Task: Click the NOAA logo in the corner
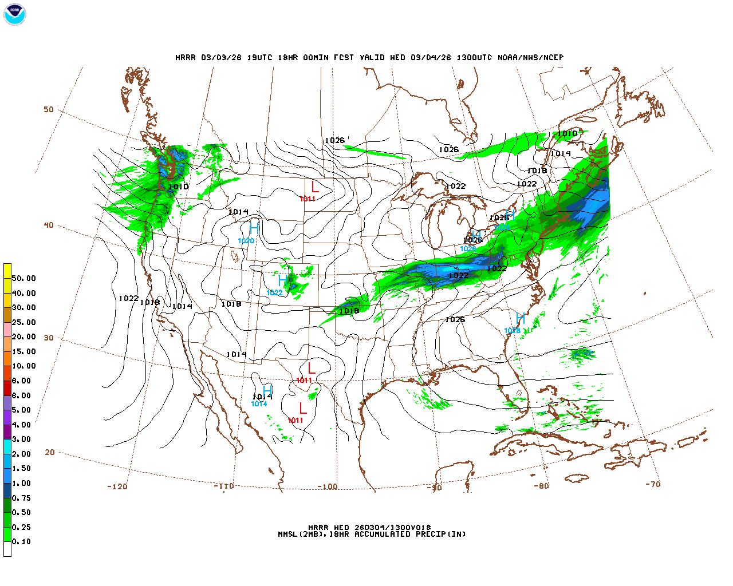click(14, 15)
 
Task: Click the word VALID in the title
click(373, 57)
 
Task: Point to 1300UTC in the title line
click(474, 57)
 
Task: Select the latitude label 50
click(49, 109)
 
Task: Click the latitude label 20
click(50, 452)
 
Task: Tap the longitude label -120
click(117, 486)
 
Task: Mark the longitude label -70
click(653, 484)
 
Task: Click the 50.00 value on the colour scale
click(23, 278)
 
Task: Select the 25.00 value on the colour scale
click(23, 322)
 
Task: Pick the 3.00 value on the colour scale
click(21, 439)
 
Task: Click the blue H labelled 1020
click(254, 229)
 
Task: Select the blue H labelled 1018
click(520, 319)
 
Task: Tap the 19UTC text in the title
click(259, 57)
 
